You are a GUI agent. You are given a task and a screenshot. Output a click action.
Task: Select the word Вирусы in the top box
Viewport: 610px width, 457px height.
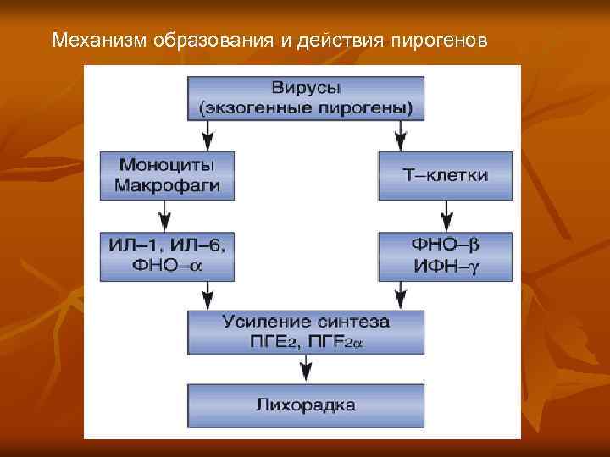305,88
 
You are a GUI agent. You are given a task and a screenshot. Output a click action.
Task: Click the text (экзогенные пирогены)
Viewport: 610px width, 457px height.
305,107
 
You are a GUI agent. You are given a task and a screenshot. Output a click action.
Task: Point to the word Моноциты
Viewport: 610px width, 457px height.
167,164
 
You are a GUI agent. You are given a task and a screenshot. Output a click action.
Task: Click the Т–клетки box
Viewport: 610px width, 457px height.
445,175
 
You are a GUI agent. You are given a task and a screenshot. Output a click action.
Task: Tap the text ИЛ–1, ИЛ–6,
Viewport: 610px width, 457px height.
167,245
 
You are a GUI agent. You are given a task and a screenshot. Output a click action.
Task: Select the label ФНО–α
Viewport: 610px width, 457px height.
167,265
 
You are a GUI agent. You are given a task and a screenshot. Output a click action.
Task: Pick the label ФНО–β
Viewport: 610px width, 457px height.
445,245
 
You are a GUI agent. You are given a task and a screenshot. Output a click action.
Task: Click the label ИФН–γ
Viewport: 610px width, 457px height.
445,265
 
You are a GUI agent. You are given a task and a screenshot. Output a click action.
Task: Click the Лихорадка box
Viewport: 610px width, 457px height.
305,404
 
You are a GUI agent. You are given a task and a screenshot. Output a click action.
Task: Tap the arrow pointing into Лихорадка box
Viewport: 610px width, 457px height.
305,370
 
